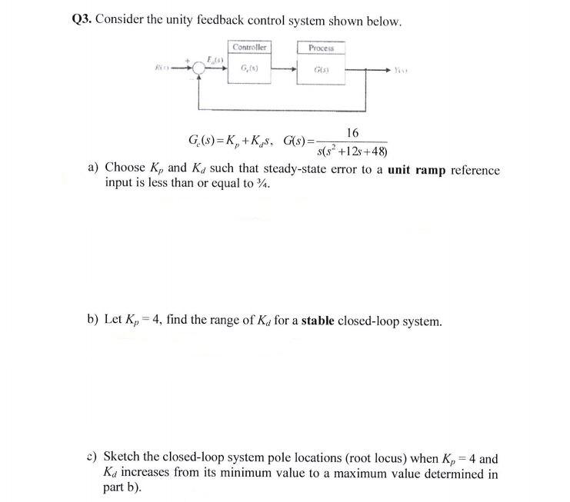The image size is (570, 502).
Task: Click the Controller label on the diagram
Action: [x=249, y=48]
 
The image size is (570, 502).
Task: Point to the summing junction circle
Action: [x=198, y=68]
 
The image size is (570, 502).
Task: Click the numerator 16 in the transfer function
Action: [x=352, y=133]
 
